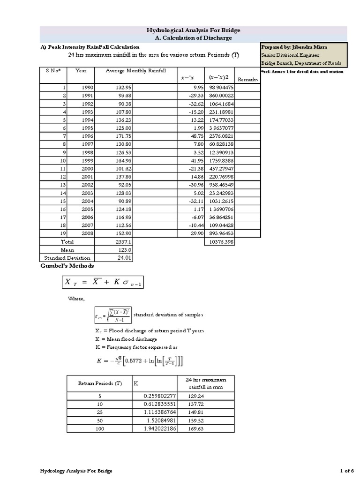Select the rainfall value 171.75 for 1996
(x=123, y=136)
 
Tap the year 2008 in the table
(x=88, y=233)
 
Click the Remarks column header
(x=247, y=79)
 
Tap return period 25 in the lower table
(x=99, y=412)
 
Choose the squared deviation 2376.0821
(x=220, y=136)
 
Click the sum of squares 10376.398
(x=220, y=242)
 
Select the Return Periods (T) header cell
(x=100, y=383)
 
